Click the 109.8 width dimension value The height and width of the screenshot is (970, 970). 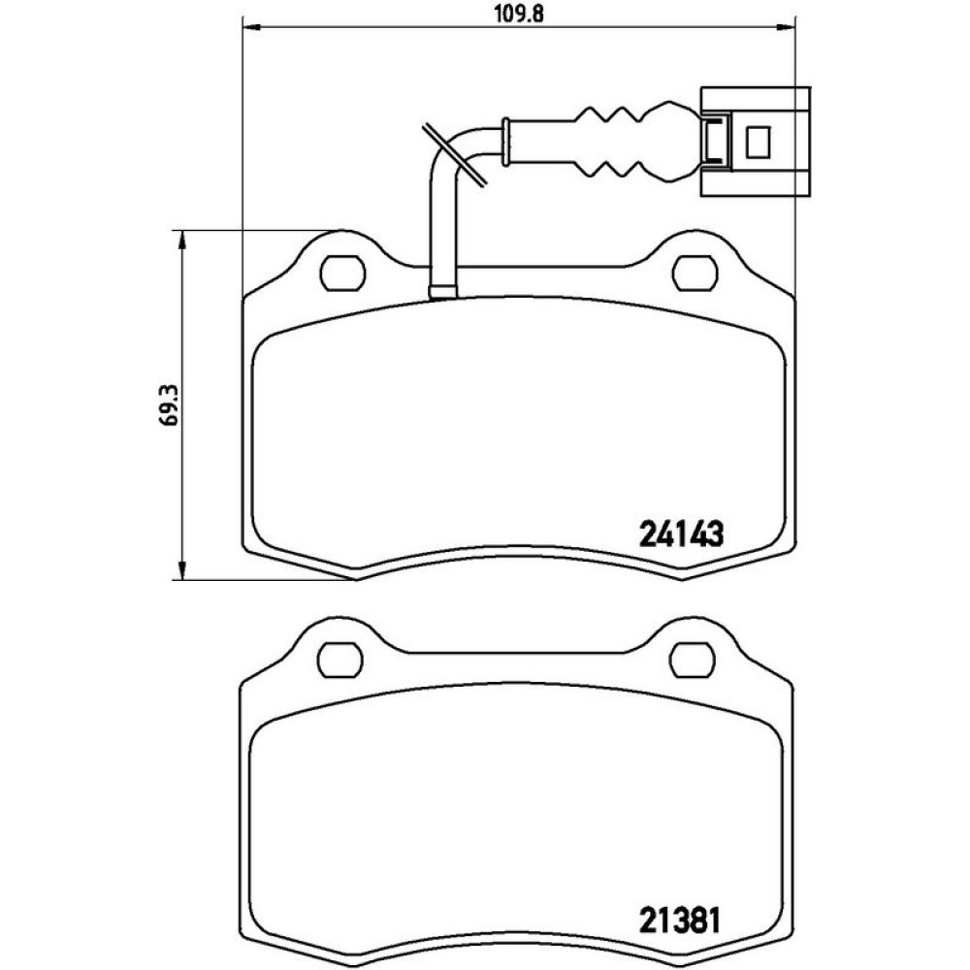point(519,14)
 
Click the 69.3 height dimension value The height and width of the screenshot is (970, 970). point(168,404)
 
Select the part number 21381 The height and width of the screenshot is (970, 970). point(679,921)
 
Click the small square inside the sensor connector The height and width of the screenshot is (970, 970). point(758,142)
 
